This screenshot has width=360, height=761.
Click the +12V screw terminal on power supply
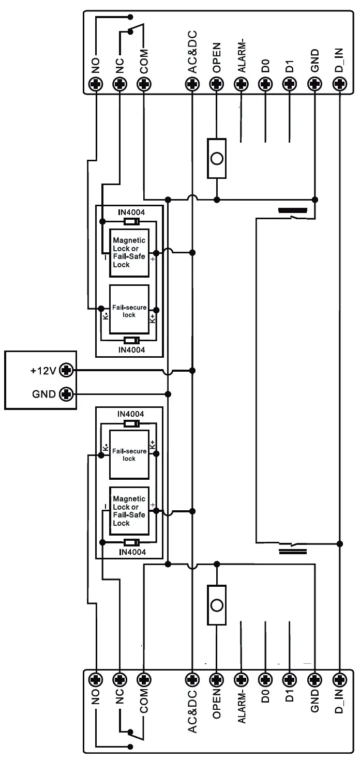coord(66,370)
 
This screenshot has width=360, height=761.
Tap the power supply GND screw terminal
coord(66,394)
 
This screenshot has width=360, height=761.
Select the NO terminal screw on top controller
coord(96,84)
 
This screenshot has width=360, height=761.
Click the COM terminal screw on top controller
coord(144,84)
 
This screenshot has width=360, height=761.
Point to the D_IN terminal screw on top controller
coord(339,84)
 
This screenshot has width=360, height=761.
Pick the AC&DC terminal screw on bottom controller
coord(192,678)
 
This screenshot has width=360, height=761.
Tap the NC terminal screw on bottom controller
coord(119,678)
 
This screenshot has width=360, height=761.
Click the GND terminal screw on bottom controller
coord(314,678)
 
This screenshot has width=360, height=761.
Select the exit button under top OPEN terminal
coord(217,158)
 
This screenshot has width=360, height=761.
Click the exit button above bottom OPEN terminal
coord(217,605)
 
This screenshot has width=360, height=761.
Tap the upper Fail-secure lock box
coord(129,311)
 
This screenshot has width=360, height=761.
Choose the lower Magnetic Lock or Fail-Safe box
coord(129,511)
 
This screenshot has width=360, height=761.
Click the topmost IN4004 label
coord(131,212)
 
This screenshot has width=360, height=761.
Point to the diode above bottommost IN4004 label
coord(131,542)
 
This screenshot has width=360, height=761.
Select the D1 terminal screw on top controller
coord(290,84)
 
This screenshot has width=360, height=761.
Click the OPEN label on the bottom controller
coord(217,703)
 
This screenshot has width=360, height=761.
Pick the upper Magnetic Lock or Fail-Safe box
coord(129,253)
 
